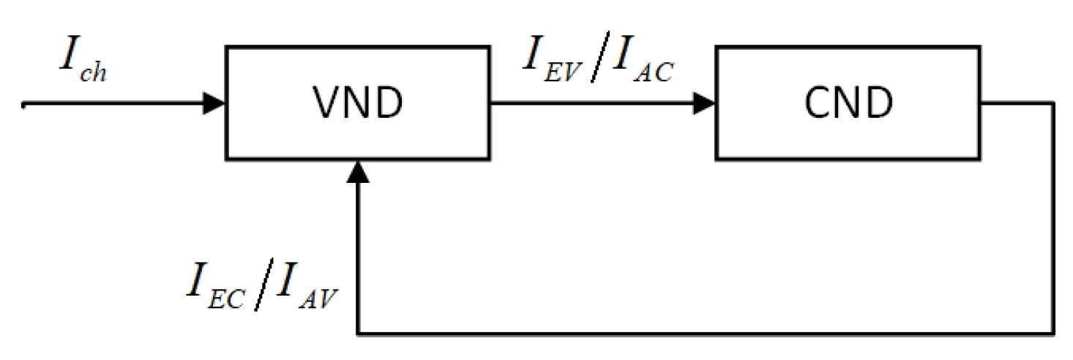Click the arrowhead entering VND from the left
(x=215, y=103)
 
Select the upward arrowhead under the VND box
(x=357, y=171)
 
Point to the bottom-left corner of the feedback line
(x=357, y=334)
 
